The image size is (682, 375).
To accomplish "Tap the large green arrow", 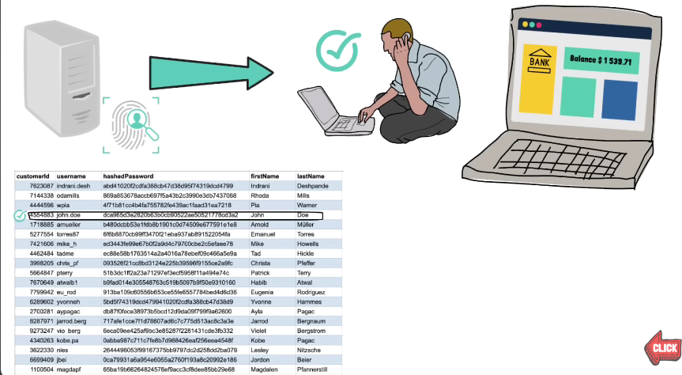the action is [x=209, y=70].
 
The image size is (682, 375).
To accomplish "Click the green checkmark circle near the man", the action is [x=336, y=48].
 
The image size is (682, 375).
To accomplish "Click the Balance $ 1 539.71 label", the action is [x=598, y=60].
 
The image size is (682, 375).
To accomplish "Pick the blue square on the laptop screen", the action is [x=620, y=98].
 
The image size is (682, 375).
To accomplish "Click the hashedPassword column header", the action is [x=128, y=176].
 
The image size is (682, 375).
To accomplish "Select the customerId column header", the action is [x=33, y=176].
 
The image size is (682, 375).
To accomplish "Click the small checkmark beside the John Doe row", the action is [x=20, y=215].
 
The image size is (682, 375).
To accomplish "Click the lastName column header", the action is [x=311, y=176].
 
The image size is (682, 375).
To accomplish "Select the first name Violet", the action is [x=260, y=331].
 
